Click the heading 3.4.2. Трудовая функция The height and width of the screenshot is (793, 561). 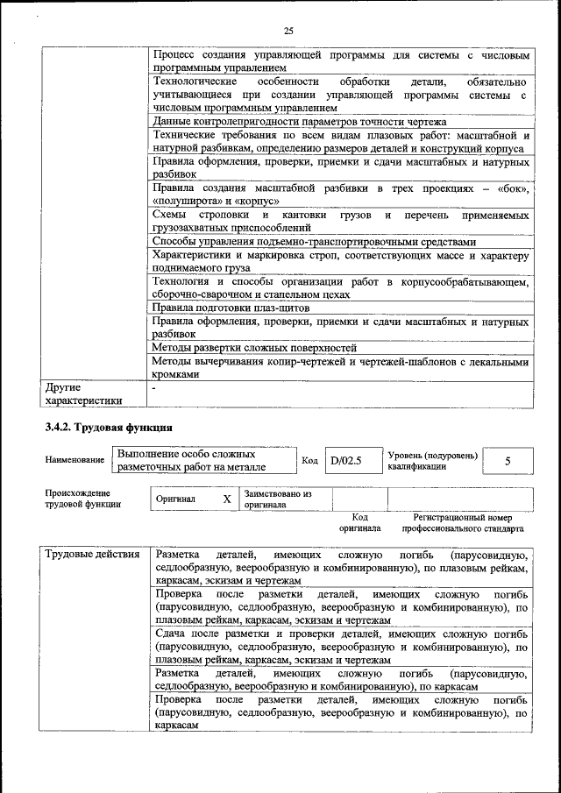pos(110,428)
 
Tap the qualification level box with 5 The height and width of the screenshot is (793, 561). pos(508,460)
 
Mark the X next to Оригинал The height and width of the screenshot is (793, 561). pos(227,499)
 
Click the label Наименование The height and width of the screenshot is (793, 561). pos(74,460)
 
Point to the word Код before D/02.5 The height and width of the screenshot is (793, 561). pos(309,460)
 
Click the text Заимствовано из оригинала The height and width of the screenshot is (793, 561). pos(277,499)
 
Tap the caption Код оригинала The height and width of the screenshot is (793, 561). pos(360,523)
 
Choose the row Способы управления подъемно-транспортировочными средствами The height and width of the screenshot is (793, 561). pos(314,242)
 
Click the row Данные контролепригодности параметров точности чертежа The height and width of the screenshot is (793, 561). pos(299,122)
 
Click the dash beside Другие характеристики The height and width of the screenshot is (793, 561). pos(154,386)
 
